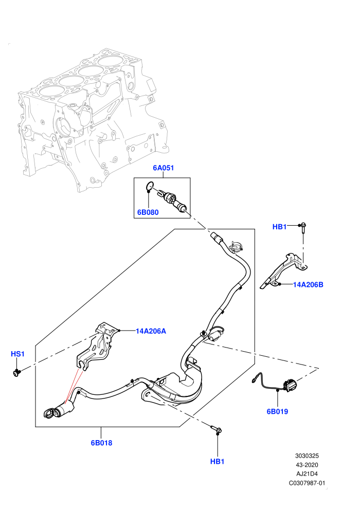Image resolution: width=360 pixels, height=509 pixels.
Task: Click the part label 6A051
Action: [163, 168]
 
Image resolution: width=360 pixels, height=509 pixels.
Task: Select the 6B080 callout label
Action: [148, 212]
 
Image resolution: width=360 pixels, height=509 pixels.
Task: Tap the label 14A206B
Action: [308, 285]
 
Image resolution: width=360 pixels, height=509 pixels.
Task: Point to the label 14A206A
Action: [151, 331]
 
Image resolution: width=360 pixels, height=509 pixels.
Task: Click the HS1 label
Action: [17, 354]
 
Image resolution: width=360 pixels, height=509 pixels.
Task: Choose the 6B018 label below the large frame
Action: [101, 443]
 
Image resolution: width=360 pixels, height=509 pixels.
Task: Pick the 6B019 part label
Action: [277, 412]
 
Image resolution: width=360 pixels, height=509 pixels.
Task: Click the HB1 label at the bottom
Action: [217, 461]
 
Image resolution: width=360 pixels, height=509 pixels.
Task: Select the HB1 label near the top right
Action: [279, 227]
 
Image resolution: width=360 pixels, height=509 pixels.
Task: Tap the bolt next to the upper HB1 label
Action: [302, 228]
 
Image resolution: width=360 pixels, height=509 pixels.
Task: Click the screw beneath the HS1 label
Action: [16, 372]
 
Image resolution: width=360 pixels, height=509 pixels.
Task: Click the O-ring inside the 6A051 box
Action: [149, 186]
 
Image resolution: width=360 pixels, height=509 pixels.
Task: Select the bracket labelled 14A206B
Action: [284, 270]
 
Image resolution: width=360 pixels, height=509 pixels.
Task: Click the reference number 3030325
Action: [307, 456]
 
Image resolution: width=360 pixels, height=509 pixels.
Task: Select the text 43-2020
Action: [307, 465]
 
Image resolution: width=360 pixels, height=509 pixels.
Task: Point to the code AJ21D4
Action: [307, 474]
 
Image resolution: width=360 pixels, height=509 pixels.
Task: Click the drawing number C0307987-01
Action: [307, 483]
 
